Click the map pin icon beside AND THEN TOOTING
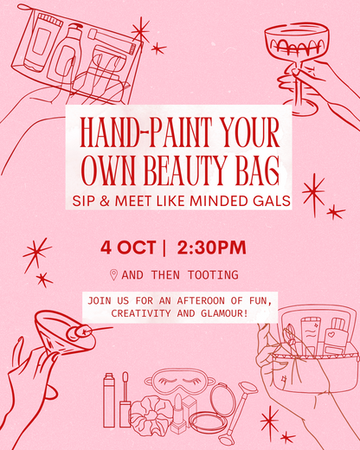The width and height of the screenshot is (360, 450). pyautogui.click(x=113, y=275)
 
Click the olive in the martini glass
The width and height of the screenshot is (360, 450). pyautogui.click(x=83, y=330)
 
